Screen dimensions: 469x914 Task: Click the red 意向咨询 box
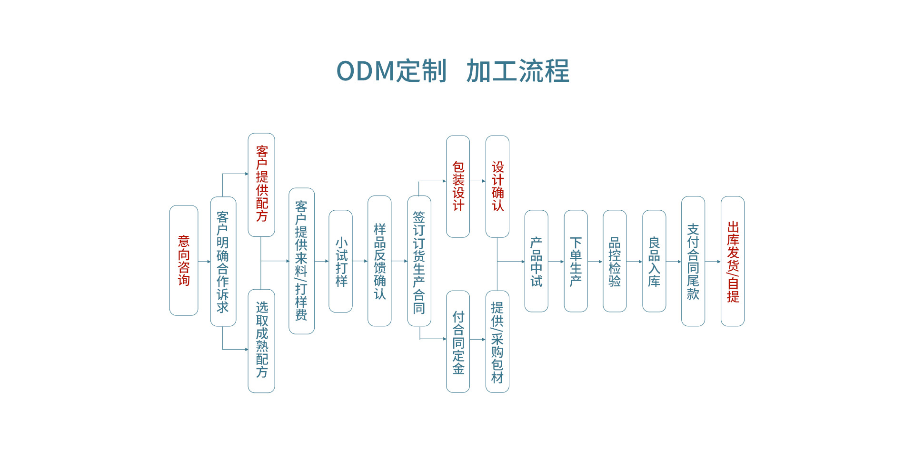point(184,260)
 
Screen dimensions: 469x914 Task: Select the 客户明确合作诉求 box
point(223,262)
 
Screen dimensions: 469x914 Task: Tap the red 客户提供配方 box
point(261,185)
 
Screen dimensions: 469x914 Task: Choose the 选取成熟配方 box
point(261,341)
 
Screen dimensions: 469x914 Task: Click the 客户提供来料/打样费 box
point(301,261)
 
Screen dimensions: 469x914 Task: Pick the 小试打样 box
point(341,261)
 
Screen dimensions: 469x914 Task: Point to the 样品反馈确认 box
point(379,261)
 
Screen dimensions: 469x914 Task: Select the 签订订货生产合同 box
point(419,261)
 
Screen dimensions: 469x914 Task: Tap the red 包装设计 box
point(458,186)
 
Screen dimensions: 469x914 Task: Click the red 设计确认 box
point(497,186)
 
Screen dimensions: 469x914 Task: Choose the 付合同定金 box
point(458,342)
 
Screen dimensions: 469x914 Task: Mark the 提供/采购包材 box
point(497,342)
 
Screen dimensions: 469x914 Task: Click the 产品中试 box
point(536,261)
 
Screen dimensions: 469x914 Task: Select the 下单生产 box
point(576,261)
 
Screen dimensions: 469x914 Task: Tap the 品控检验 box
point(615,261)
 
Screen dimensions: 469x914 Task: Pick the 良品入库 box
point(654,261)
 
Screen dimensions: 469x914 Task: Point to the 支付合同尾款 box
point(693,261)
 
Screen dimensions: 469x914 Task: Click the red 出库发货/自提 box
point(733,261)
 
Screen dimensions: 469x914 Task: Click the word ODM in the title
point(366,71)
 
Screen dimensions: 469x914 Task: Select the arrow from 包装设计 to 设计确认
point(477,181)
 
